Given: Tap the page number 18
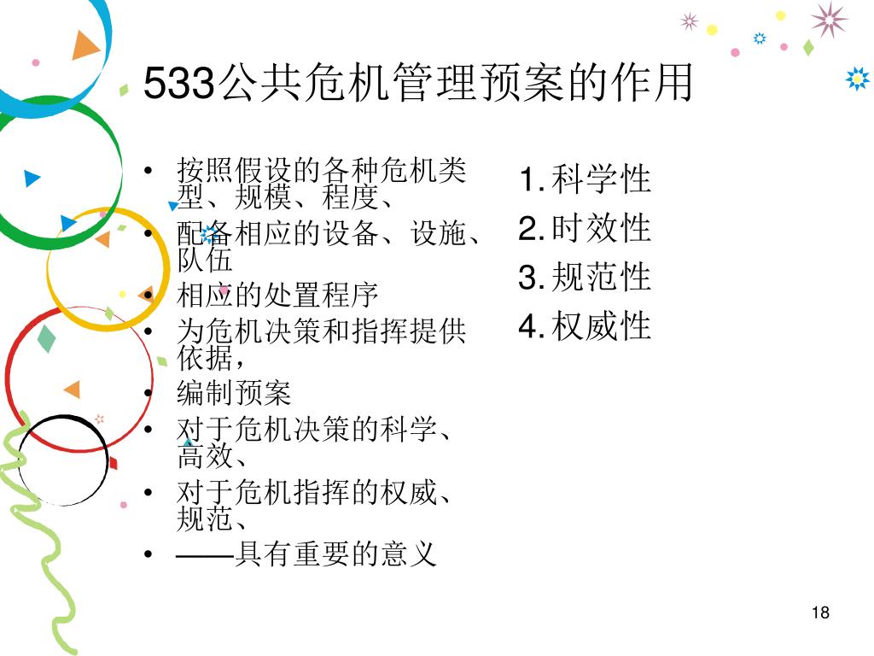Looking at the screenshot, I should [x=821, y=612].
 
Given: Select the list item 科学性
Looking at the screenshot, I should [x=601, y=180].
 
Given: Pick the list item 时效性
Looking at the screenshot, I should [x=601, y=229].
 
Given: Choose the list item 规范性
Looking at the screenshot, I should [x=601, y=278].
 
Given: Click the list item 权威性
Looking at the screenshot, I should [x=601, y=326].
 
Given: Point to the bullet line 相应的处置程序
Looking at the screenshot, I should [x=277, y=296].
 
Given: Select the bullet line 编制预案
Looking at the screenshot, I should [x=234, y=393].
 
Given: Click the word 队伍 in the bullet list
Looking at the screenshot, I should [x=205, y=258].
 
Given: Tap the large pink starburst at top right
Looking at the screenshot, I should [x=829, y=19].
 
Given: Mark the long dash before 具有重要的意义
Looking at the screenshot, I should [x=204, y=556].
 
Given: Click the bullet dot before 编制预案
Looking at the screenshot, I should [x=149, y=394].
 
